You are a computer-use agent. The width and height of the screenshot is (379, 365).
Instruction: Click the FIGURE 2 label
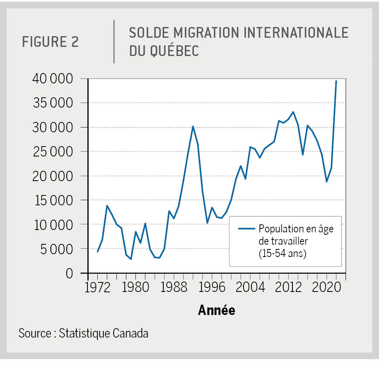pyautogui.click(x=50, y=42)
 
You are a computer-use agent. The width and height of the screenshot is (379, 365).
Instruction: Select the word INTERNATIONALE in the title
pyautogui.click(x=296, y=33)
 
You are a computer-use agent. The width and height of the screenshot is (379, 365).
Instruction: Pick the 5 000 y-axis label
pyautogui.click(x=59, y=249)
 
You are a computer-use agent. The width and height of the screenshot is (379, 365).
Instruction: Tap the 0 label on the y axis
pyautogui.click(x=70, y=273)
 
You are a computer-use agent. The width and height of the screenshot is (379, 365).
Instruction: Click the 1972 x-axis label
pyautogui.click(x=98, y=288)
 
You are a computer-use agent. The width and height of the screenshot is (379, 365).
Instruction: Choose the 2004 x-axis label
pyautogui.click(x=250, y=288)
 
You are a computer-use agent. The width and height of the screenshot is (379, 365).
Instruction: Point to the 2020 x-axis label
pyautogui.click(x=326, y=288)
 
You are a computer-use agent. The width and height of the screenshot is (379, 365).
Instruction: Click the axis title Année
pyautogui.click(x=217, y=310)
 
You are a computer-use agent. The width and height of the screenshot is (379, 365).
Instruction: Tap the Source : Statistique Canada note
pyautogui.click(x=83, y=333)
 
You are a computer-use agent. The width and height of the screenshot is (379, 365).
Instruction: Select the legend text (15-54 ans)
pyautogui.click(x=282, y=253)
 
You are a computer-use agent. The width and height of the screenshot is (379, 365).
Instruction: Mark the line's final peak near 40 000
pyautogui.click(x=336, y=81)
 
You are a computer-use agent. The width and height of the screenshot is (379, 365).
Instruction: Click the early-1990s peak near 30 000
pyautogui.click(x=193, y=126)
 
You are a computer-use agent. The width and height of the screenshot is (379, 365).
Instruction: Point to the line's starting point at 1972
pyautogui.click(x=97, y=252)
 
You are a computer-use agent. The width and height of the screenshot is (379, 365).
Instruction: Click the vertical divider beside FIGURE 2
pyautogui.click(x=114, y=42)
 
